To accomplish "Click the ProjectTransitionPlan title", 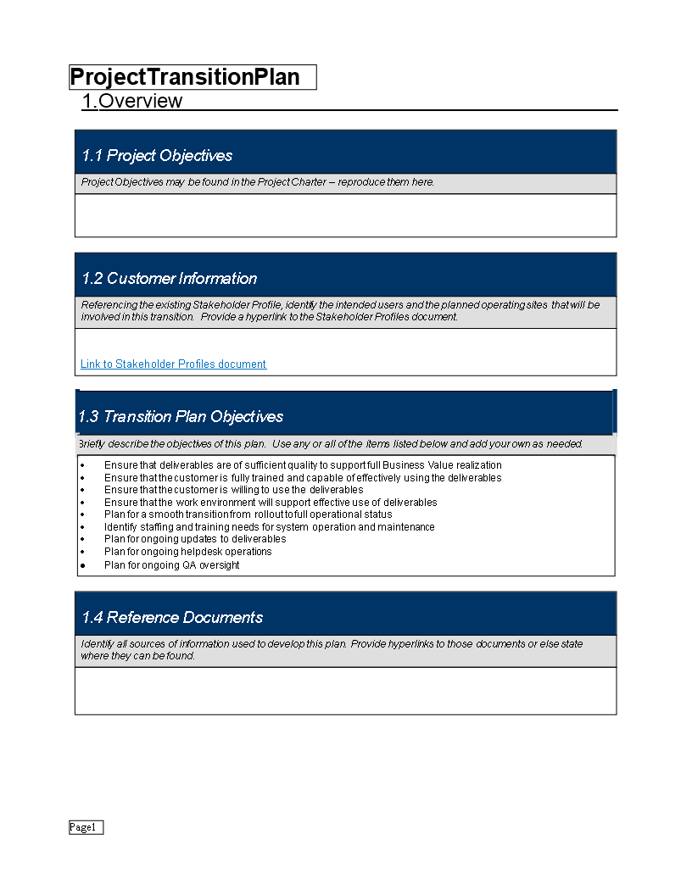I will click(185, 77).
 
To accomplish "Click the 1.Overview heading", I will click(132, 101).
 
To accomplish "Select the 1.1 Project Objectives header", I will click(157, 156).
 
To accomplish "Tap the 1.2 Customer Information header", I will click(170, 279).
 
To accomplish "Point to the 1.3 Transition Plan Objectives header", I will click(181, 417).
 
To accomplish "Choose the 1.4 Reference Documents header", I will click(172, 618).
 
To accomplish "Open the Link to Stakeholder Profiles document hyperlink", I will click(173, 364).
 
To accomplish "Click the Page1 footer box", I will click(86, 827).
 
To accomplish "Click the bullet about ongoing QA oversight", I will click(171, 565).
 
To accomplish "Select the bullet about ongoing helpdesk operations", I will click(187, 552).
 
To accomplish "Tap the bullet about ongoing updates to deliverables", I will click(195, 539).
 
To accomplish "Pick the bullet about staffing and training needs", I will click(269, 527).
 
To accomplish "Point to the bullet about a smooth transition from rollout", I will click(248, 514).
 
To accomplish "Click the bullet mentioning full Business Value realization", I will click(303, 465).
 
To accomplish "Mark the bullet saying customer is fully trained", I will click(303, 478).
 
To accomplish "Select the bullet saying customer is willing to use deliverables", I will click(233, 490).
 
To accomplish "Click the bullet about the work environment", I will click(271, 503).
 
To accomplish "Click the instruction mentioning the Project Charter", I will click(258, 182).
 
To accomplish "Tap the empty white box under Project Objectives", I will click(345, 215).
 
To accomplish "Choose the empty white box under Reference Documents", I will click(345, 691).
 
